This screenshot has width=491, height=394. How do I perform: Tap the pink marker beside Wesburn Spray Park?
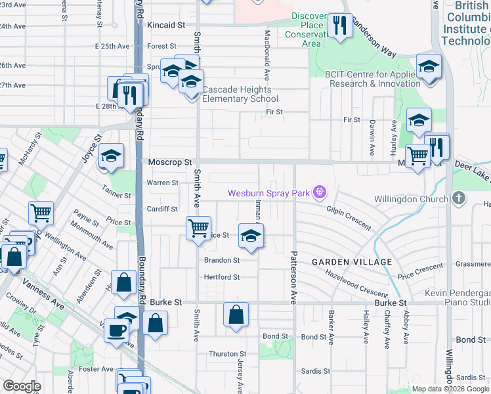[320, 192]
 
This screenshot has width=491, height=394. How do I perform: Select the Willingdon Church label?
[412, 199]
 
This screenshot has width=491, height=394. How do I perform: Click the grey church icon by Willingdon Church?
[459, 198]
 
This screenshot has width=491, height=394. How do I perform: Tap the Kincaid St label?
[166, 25]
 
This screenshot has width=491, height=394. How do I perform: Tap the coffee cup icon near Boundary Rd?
[117, 329]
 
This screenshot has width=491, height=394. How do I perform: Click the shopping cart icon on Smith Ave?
[198, 229]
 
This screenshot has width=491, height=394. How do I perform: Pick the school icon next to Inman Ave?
[250, 236]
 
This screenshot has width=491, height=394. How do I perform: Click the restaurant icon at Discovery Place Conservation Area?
[339, 26]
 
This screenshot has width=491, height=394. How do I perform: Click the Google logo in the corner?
[22, 386]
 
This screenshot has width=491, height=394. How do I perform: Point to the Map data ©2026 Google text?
[451, 389]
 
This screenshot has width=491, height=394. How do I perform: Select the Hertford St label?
[221, 277]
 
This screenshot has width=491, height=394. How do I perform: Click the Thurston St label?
[227, 354]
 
